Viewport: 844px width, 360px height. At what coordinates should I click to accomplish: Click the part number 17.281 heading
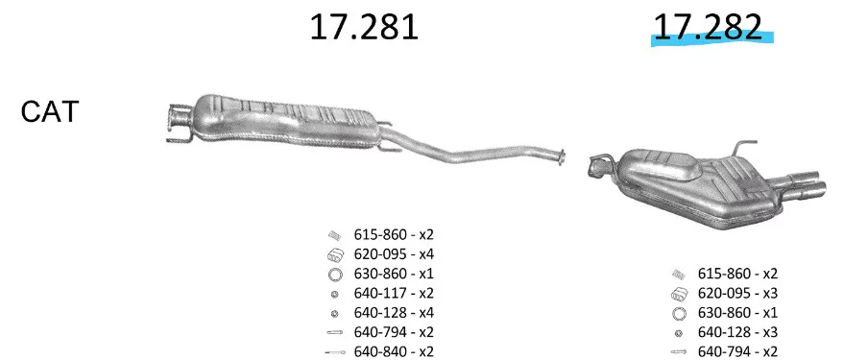click(x=364, y=27)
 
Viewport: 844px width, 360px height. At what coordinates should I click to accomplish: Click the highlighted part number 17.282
click(x=708, y=27)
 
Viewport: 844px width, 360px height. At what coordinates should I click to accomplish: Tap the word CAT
click(x=50, y=112)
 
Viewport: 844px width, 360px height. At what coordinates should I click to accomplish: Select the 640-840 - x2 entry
click(x=394, y=351)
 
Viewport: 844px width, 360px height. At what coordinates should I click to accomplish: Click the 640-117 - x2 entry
click(x=394, y=293)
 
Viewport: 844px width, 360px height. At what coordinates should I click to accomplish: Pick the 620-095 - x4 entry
click(x=394, y=254)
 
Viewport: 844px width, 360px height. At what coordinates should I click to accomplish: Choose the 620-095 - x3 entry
click(x=738, y=293)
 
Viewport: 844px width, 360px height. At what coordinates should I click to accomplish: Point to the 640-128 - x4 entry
click(x=394, y=313)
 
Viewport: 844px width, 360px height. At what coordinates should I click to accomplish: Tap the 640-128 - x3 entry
click(x=738, y=332)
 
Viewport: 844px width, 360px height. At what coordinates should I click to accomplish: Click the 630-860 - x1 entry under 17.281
click(x=394, y=274)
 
